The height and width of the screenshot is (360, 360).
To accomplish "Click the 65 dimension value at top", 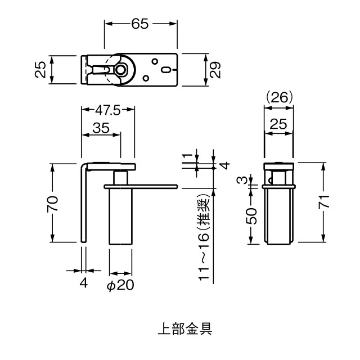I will coord(141,24).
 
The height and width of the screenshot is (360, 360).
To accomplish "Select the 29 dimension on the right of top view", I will coord(215,70).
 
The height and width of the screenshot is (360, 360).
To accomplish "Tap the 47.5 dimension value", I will coord(107,110).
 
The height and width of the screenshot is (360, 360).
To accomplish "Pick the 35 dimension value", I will coord(101,128).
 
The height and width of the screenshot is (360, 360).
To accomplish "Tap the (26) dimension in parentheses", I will coord(279,97).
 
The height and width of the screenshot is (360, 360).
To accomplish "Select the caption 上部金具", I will coord(179,328).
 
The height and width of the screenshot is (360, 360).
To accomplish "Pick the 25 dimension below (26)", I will coord(279,125).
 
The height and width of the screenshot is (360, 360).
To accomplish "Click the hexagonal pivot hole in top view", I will coord(120,69).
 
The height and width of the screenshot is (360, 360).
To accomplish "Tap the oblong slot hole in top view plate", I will coord(167,70).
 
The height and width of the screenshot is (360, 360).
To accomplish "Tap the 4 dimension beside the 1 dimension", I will coord(224,166).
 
